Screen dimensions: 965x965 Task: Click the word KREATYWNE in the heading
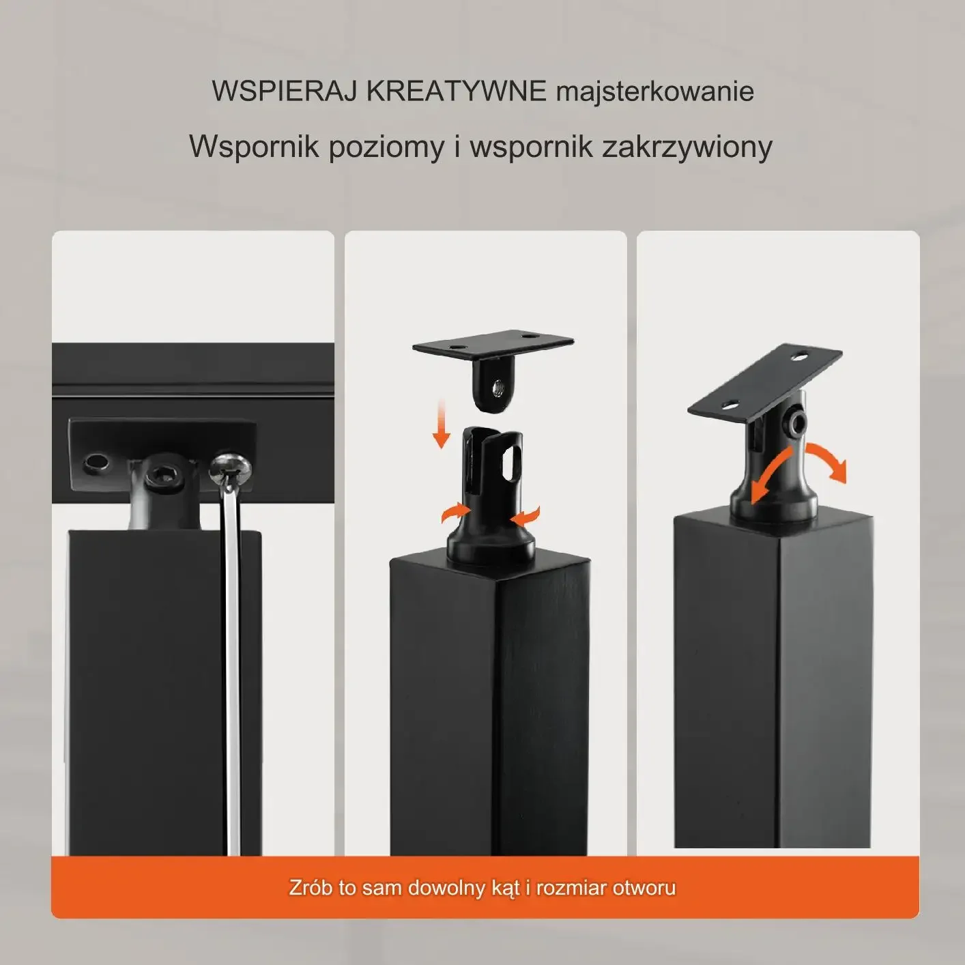coord(456,91)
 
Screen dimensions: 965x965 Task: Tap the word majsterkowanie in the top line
coord(654,92)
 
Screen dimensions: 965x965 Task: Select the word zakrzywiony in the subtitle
coord(687,147)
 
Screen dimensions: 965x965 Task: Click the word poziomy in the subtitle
coord(386,148)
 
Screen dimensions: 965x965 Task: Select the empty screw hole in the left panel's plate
coord(96,463)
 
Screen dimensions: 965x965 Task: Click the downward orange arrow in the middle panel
coord(441,422)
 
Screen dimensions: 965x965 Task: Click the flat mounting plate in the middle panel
coord(493,343)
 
